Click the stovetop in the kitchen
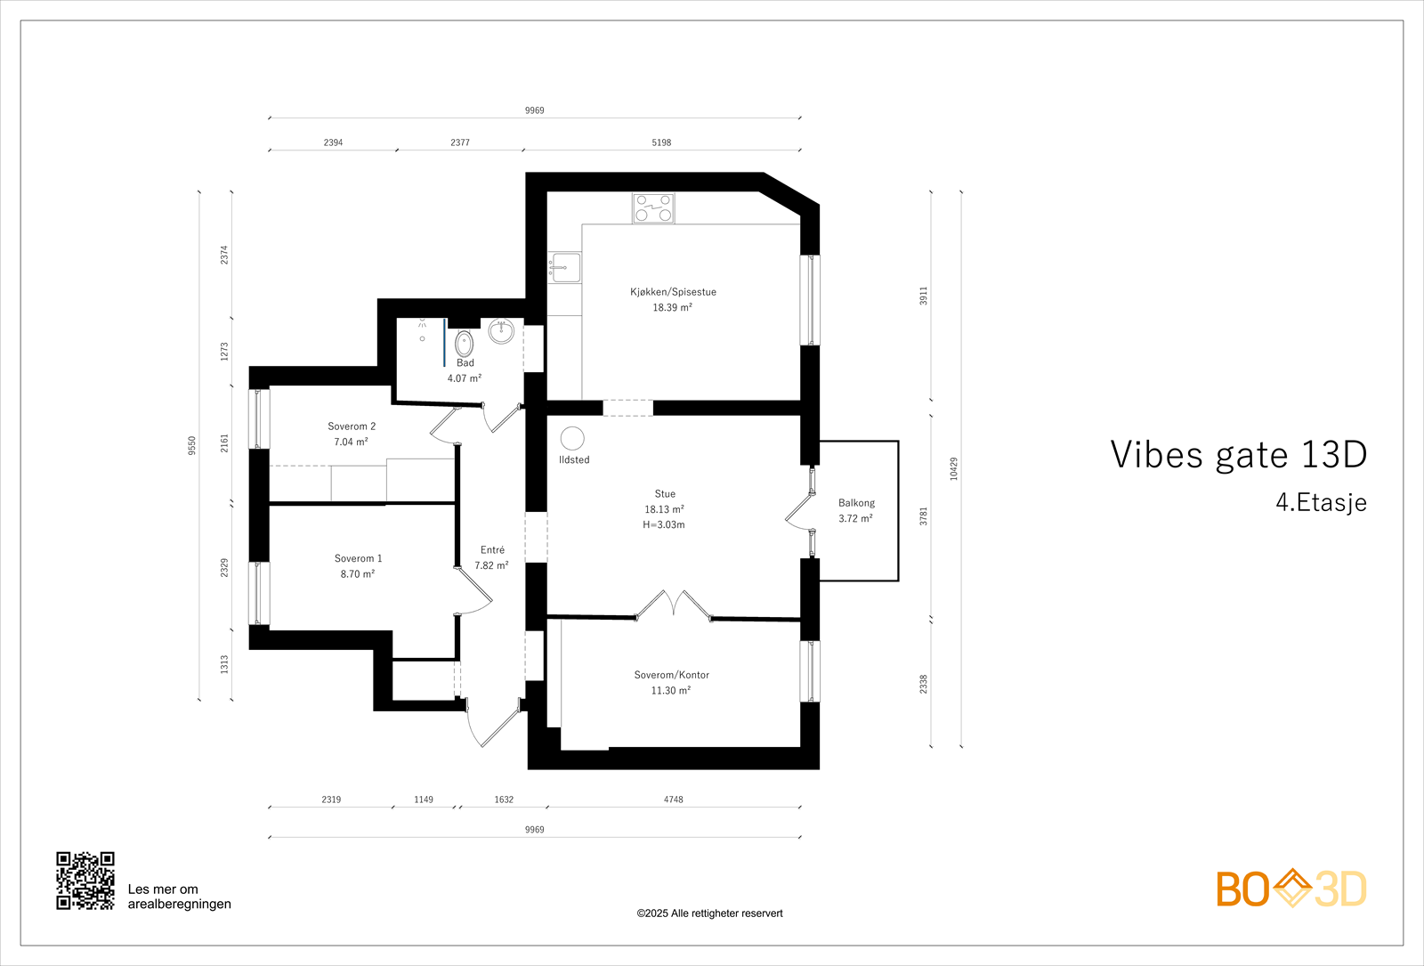point(653,208)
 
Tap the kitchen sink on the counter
point(565,267)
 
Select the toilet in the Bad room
point(464,344)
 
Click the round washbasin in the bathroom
point(501,331)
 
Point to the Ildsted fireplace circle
point(572,439)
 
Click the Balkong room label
point(856,503)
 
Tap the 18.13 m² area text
point(664,509)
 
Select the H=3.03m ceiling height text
point(664,524)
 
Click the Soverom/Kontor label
point(671,675)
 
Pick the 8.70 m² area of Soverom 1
point(357,574)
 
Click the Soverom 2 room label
point(352,426)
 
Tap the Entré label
point(492,550)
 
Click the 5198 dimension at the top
point(661,142)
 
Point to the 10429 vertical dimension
point(953,469)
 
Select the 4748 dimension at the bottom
point(673,800)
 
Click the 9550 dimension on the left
point(191,446)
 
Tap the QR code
point(85,881)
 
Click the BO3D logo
point(1290,889)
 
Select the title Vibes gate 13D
point(1238,455)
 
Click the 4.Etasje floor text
point(1321,502)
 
